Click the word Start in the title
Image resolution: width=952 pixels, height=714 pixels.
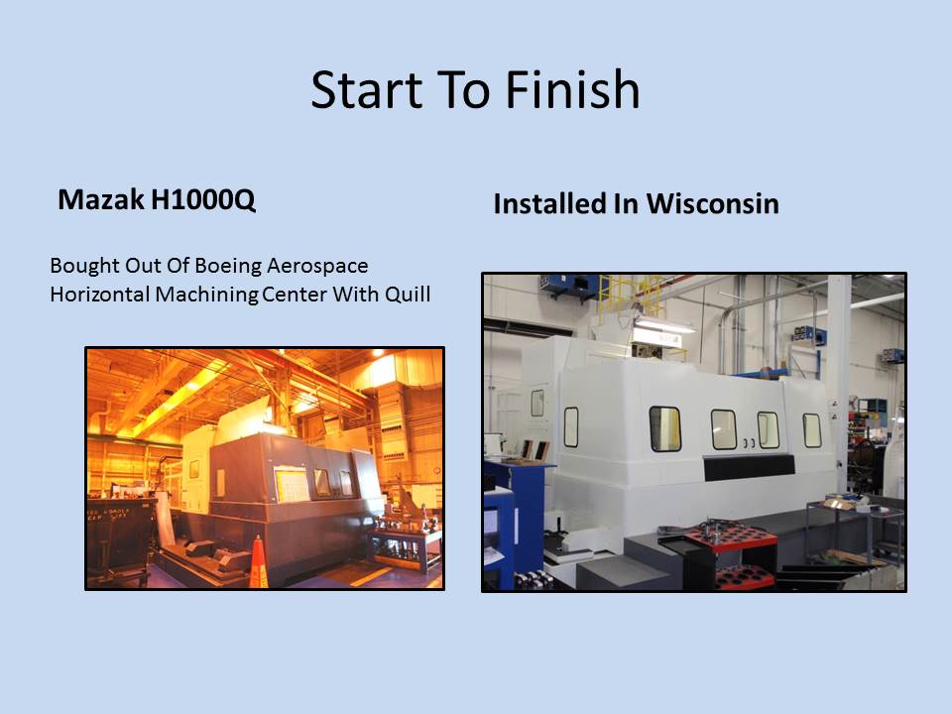[366, 90]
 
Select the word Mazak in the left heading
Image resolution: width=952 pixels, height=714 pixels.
[101, 199]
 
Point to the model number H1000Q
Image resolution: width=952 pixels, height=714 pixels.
[203, 200]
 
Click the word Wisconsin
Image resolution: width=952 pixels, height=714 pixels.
[712, 203]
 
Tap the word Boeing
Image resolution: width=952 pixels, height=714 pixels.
[228, 267]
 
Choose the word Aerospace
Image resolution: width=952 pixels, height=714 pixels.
[317, 267]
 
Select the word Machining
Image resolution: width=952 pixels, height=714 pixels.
[207, 296]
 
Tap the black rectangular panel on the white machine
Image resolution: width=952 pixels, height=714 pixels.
[750, 466]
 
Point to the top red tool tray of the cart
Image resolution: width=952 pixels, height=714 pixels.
[732, 538]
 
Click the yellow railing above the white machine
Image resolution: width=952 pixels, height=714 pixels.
[632, 297]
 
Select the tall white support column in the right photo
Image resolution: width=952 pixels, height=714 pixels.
[840, 377]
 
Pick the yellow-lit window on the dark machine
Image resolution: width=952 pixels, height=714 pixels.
[293, 485]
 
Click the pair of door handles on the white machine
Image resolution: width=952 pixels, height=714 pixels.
[749, 443]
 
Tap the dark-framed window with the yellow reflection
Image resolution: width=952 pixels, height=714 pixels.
[664, 428]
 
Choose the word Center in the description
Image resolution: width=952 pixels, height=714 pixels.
[296, 295]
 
